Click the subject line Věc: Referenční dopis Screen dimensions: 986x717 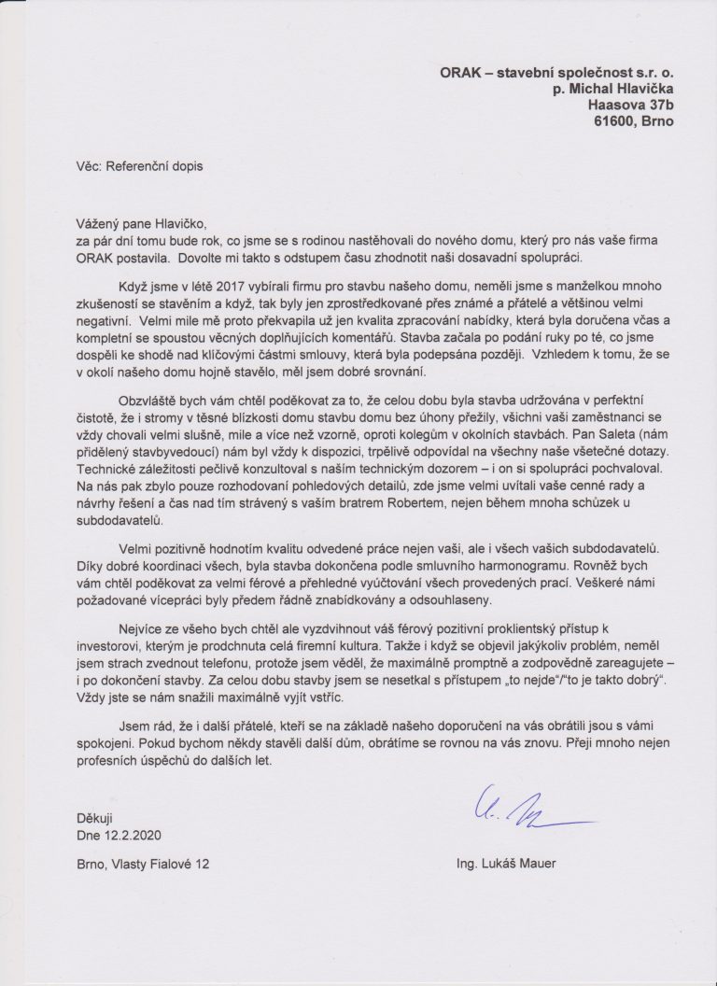(x=139, y=165)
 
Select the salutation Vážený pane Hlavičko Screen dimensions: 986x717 (x=139, y=222)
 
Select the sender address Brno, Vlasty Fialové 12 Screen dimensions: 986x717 (x=143, y=865)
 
